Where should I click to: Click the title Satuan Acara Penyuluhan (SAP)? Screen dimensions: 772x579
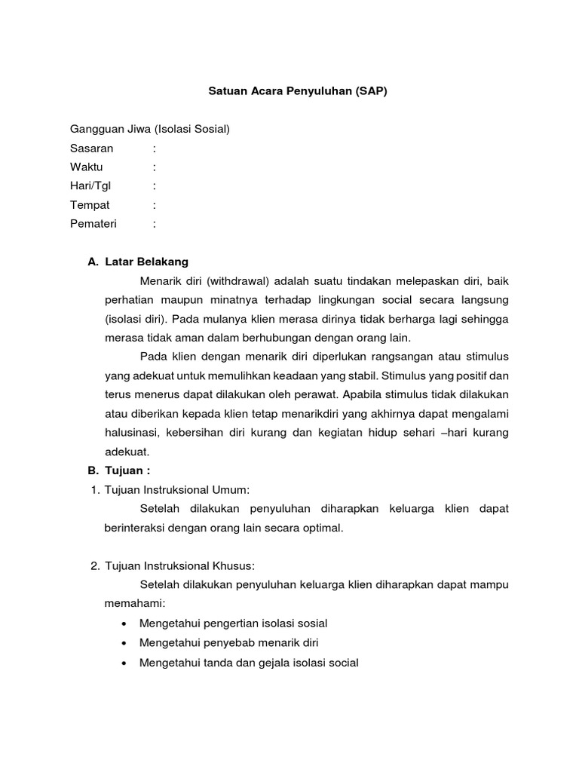click(x=297, y=90)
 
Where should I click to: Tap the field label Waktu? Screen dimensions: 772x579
click(x=87, y=167)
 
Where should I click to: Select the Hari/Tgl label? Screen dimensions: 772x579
click(x=90, y=185)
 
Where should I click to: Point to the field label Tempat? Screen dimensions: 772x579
click(x=90, y=204)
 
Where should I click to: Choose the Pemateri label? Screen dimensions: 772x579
click(x=93, y=223)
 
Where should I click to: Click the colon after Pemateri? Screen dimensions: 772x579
click(x=154, y=223)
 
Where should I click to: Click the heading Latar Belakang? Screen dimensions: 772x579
click(x=146, y=262)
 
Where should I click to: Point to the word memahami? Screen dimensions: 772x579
click(x=133, y=604)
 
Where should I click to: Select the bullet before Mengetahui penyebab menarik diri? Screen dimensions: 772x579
click(x=123, y=643)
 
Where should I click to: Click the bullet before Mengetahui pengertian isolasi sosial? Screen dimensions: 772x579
click(x=123, y=623)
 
